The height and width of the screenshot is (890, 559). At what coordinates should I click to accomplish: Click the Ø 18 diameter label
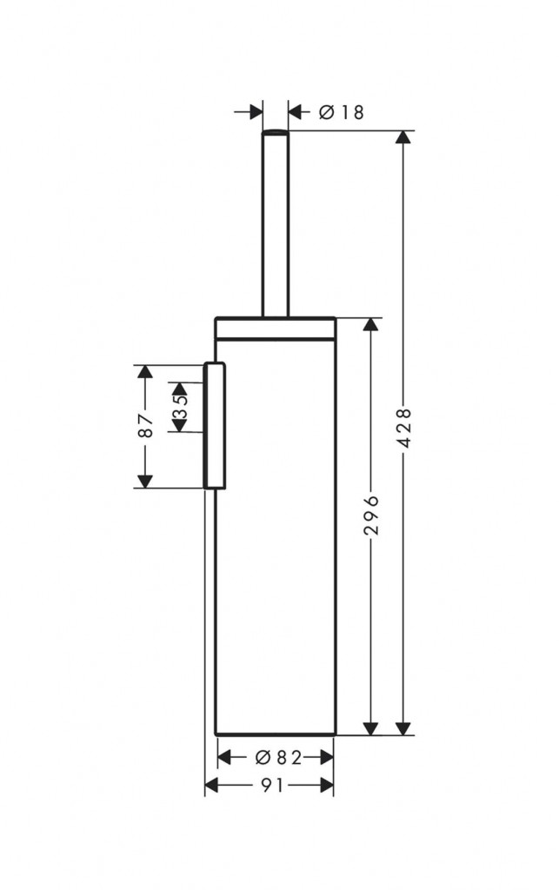[341, 112]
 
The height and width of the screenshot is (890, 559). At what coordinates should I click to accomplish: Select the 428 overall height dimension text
[404, 428]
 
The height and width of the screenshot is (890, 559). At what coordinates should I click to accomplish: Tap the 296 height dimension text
[371, 515]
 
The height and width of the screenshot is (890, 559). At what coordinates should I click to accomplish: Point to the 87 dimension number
[146, 426]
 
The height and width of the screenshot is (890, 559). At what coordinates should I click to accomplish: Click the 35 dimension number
[181, 407]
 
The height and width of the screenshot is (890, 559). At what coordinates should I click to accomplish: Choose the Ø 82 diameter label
[278, 757]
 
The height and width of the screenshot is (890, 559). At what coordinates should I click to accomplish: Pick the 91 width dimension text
[272, 786]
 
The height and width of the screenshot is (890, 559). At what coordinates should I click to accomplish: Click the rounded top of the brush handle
[276, 132]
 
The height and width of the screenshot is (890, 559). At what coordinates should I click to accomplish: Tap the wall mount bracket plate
[215, 425]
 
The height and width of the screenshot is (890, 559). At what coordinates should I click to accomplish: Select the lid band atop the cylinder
[276, 329]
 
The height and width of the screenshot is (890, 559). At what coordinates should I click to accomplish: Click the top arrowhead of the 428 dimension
[403, 138]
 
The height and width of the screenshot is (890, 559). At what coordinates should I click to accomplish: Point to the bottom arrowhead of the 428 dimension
[403, 728]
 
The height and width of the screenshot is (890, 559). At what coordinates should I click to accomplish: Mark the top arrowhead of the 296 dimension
[370, 325]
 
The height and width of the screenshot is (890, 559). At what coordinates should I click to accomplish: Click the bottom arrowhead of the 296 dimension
[370, 728]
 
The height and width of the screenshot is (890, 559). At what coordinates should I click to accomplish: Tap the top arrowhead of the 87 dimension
[145, 372]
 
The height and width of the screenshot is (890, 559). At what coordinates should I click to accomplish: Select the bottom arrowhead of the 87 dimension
[145, 481]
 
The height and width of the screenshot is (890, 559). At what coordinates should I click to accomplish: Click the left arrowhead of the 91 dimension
[211, 786]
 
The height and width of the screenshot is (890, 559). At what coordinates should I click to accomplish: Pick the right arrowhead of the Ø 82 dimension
[326, 757]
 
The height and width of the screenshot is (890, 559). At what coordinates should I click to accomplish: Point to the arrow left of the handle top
[249, 112]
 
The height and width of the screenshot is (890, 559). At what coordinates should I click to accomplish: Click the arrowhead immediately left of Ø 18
[296, 112]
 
